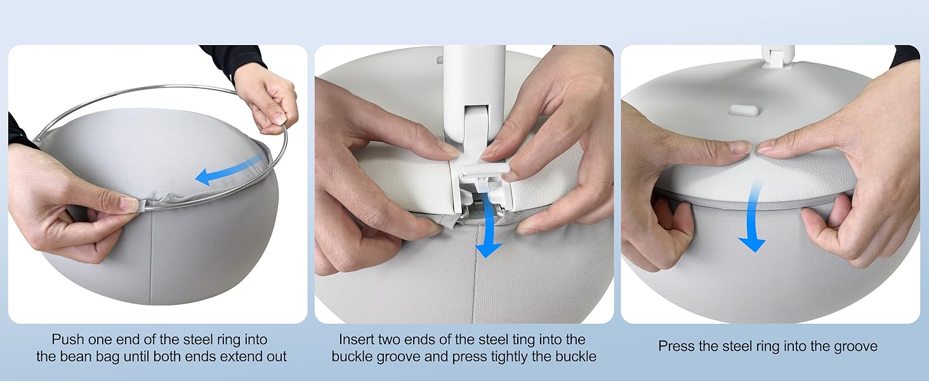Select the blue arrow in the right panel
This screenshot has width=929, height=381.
(754, 217)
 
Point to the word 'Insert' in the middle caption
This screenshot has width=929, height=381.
(357, 340)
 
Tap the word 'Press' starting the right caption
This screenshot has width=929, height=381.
(676, 347)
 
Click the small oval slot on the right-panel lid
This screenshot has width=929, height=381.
(744, 110)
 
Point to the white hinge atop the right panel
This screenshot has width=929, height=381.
(777, 56)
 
